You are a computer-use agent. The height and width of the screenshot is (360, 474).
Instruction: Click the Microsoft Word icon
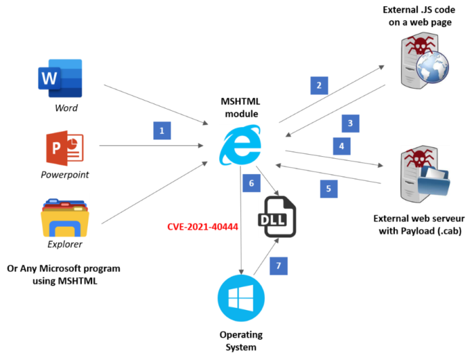61,78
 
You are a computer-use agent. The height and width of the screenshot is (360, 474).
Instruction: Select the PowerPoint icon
64,148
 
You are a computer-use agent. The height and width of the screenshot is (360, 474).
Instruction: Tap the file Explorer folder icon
65,218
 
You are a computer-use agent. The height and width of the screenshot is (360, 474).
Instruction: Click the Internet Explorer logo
240,145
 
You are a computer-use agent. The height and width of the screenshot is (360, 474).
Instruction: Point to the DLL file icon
278,217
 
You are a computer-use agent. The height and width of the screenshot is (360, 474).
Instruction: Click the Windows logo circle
241,298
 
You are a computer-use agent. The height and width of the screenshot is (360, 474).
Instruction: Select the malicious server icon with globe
425,60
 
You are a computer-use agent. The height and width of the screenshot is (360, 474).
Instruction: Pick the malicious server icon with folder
425,174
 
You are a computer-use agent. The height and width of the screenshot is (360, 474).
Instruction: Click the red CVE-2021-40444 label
202,227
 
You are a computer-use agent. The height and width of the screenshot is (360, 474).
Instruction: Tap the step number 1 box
162,131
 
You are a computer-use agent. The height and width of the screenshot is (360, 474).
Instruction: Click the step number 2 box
319,86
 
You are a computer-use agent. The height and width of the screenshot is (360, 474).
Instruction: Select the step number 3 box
350,123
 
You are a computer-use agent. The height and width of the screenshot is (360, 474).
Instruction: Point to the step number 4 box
341,146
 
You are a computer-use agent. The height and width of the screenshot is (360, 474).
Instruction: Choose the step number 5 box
328,189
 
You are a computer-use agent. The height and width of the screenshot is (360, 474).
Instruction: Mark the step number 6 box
251,183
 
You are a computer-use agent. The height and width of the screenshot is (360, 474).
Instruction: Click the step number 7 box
278,266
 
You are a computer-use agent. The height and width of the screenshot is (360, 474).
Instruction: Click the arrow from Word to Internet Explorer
156,104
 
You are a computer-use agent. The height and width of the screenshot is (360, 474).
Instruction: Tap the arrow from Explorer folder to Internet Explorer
154,192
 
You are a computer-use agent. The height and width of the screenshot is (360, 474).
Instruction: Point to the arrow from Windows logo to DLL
266,256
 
